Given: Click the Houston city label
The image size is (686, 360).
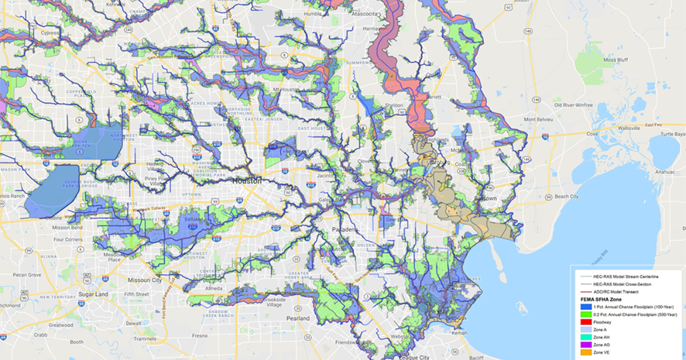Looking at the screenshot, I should click(x=247, y=181).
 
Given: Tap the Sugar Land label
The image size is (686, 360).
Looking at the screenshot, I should click(x=94, y=294).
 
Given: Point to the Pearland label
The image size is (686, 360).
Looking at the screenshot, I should click(x=298, y=318).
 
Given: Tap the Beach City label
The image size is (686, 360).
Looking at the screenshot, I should click(x=567, y=196).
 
